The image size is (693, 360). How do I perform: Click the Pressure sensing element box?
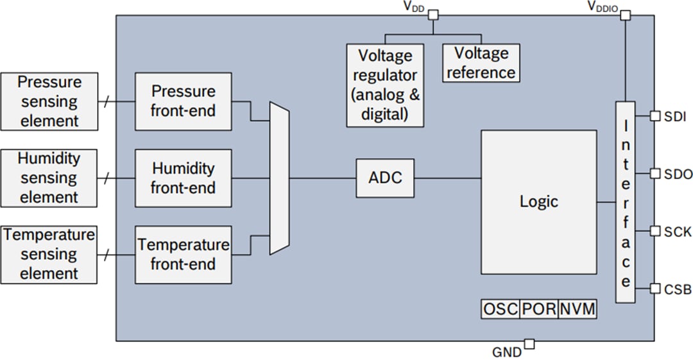(x=49, y=101)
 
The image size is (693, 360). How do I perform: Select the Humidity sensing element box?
(x=49, y=178)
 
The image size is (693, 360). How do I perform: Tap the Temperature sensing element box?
(x=49, y=254)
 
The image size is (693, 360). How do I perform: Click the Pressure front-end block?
(x=183, y=101)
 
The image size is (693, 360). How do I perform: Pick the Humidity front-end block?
(x=183, y=178)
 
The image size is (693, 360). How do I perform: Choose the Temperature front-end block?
(x=183, y=254)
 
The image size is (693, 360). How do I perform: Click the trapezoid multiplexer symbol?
(x=280, y=178)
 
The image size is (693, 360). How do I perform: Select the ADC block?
(x=385, y=178)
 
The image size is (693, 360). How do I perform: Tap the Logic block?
(x=538, y=202)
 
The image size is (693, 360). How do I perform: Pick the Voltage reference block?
(x=481, y=63)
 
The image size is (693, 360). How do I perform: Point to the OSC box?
(x=500, y=309)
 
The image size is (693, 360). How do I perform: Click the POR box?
(x=539, y=309)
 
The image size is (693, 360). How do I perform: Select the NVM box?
(x=577, y=309)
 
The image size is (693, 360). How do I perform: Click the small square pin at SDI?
(x=655, y=116)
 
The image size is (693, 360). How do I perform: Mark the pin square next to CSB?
(x=655, y=289)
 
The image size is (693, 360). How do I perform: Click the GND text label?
(x=506, y=352)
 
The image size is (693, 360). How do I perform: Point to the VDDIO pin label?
(x=604, y=6)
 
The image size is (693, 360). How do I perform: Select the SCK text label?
(x=678, y=231)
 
